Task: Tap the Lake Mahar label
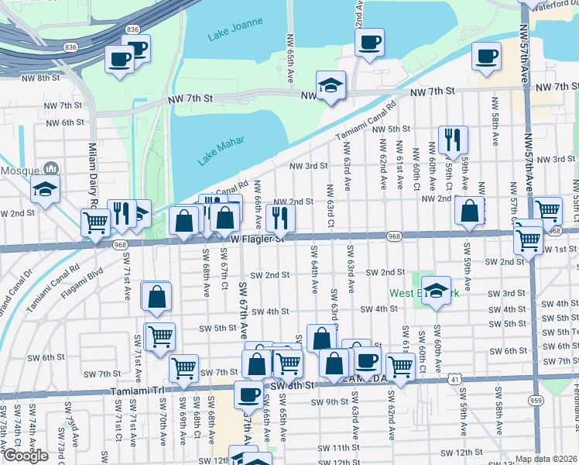(x=221, y=150)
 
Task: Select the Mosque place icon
(x=52, y=168)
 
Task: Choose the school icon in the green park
(x=436, y=289)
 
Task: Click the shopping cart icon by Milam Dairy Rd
(x=95, y=222)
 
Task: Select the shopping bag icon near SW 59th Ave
(x=470, y=211)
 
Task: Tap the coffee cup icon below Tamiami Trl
(x=248, y=394)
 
